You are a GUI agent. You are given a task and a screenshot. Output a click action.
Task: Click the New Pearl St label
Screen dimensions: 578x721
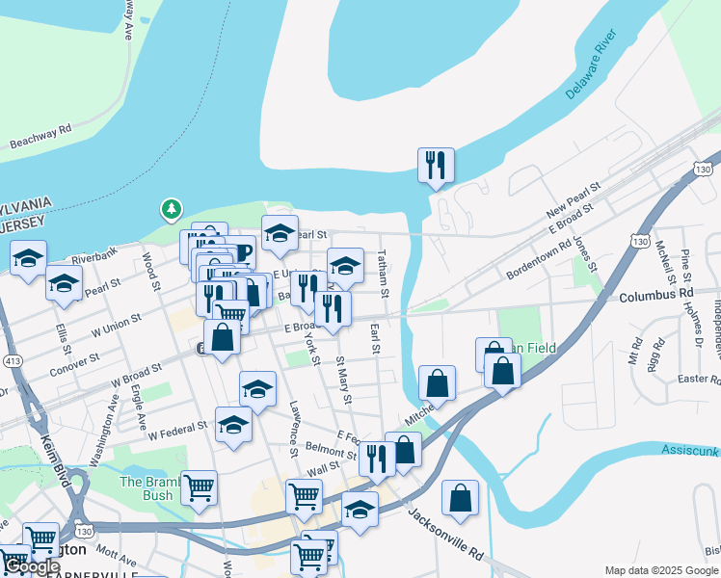[x=573, y=198]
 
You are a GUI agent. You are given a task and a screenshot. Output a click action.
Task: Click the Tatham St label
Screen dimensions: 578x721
[x=383, y=273]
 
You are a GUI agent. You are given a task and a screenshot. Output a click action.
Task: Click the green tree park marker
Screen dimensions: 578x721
[x=172, y=208]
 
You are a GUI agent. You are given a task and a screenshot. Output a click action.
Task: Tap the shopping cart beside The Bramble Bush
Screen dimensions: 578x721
[x=199, y=486]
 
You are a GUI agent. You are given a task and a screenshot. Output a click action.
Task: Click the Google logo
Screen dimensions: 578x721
[x=32, y=566]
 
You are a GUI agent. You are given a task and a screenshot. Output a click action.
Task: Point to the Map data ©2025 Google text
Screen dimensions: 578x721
[x=661, y=570]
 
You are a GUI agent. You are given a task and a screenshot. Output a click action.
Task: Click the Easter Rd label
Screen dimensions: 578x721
[x=699, y=380]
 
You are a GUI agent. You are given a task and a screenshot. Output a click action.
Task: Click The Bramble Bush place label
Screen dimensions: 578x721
[x=147, y=488]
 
